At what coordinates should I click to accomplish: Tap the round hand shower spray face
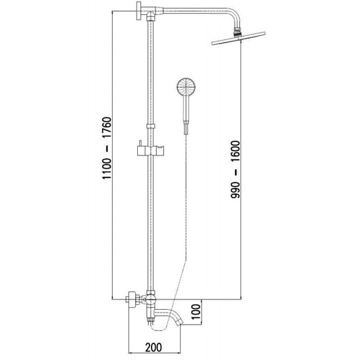click(x=184, y=88)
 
